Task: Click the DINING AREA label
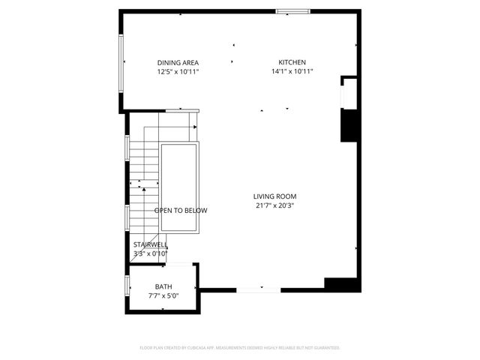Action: coord(178,62)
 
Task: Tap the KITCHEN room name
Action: coord(292,62)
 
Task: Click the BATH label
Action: coord(163,286)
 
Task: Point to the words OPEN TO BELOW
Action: coord(181,211)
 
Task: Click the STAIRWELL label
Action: coord(150,244)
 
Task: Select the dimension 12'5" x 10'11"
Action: coord(178,72)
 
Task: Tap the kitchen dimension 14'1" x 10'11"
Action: coord(292,72)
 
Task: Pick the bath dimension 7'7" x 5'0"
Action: coord(163,296)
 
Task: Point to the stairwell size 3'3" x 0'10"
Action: coord(150,253)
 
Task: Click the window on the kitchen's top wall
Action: coord(292,11)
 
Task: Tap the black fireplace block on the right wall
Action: coord(348,125)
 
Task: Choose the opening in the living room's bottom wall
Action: coord(259,289)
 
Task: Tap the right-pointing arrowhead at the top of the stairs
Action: coord(195,127)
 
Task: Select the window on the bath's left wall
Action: coord(127,287)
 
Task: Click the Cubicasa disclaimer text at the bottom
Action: coord(240,348)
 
